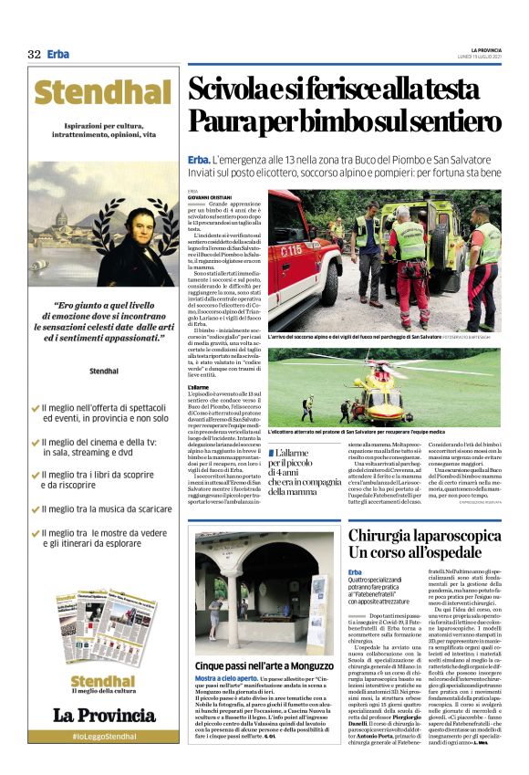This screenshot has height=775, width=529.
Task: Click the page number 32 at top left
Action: click(x=34, y=54)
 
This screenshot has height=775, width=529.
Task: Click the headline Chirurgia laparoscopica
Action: click(x=424, y=535)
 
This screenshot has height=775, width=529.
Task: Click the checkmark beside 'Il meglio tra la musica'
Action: click(x=36, y=509)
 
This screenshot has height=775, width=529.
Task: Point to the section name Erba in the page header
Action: click(x=58, y=54)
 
